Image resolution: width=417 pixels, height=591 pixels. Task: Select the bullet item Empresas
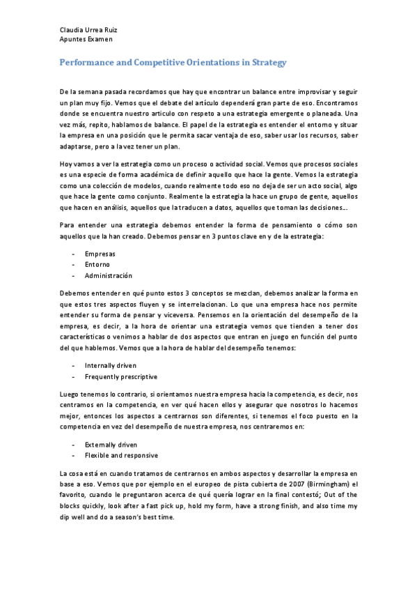point(100,254)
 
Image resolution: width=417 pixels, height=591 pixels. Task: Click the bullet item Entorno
point(97,264)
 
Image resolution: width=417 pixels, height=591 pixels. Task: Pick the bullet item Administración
point(108,275)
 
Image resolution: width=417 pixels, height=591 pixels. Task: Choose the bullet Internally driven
point(110,365)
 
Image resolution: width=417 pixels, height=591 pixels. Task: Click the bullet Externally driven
point(111,444)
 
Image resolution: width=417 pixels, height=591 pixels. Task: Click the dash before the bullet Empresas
point(73,254)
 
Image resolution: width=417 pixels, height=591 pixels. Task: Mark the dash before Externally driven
point(73,444)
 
